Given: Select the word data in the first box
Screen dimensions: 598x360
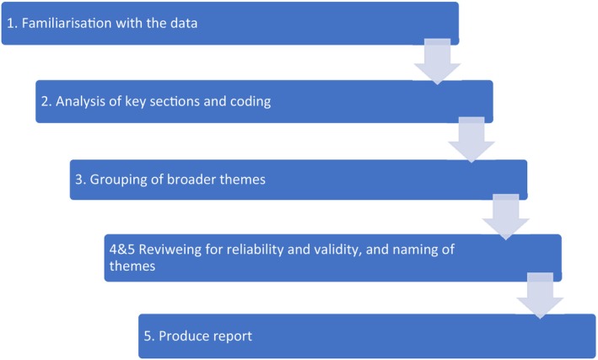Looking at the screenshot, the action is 183,23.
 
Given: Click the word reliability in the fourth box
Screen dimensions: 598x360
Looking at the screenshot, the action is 259,250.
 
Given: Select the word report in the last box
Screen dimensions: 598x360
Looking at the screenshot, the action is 232,336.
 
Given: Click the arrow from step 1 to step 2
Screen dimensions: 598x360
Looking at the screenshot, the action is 436,64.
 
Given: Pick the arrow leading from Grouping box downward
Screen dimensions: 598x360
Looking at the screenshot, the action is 504,218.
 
